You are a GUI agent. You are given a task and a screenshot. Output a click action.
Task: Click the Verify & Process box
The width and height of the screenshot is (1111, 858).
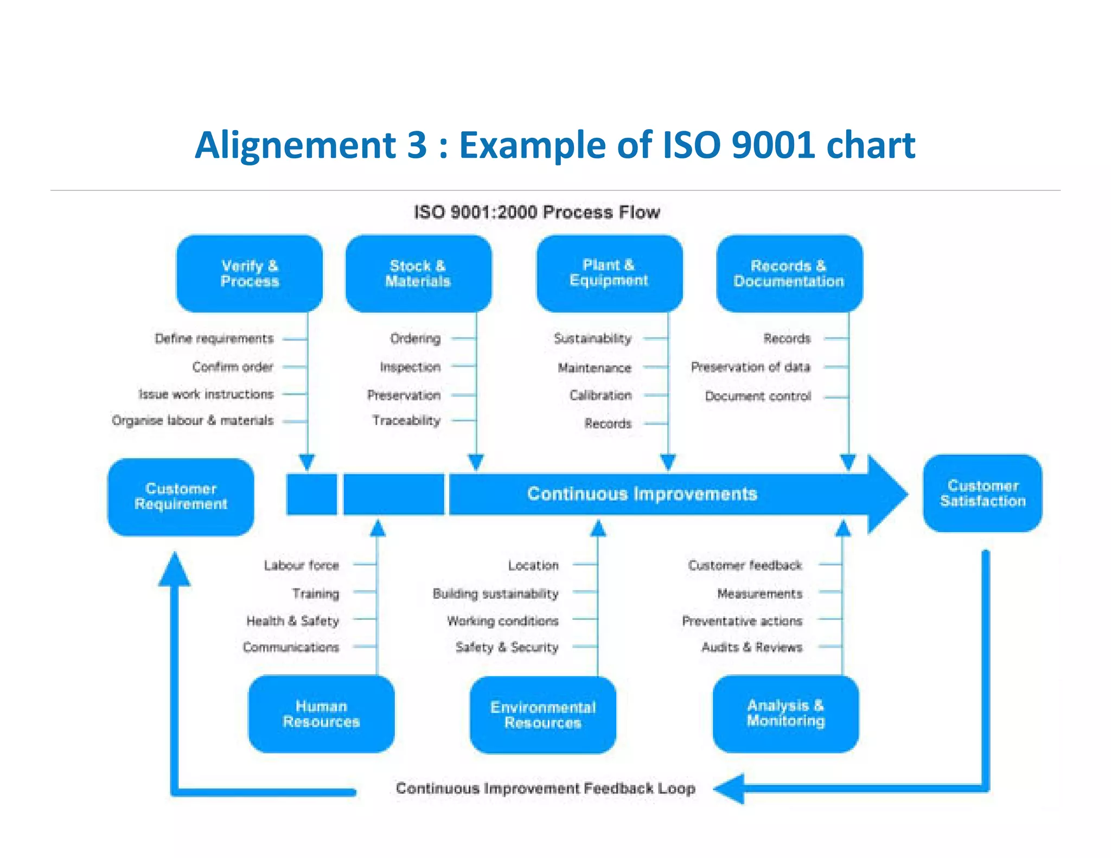coord(250,273)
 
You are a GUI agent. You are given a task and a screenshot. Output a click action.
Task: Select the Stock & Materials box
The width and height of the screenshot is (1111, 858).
coord(418,273)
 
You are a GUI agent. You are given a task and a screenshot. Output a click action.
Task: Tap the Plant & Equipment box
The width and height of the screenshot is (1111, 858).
coord(609,273)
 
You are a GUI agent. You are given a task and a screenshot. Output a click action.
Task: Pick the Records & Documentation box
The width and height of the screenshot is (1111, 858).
coord(789,273)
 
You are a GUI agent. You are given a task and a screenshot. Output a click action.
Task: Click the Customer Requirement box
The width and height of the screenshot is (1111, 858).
coord(181,497)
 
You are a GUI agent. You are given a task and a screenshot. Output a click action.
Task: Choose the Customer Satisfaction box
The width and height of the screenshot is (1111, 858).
coord(982,494)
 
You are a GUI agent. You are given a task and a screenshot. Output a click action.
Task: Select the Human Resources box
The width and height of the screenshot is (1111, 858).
coord(321,714)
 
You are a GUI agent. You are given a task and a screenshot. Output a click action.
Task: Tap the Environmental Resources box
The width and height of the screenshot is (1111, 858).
coord(543,715)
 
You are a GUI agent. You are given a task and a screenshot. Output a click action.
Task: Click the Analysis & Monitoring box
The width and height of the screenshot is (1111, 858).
coord(786,713)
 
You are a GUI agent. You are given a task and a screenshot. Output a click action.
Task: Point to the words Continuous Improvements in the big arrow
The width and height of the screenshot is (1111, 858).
coord(642,494)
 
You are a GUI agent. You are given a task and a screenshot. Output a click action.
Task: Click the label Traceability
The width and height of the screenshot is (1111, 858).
coord(406,420)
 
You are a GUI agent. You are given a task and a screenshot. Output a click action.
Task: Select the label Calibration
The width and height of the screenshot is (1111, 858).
coord(601,395)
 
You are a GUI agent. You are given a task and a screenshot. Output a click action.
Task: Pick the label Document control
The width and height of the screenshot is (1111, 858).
coord(758,396)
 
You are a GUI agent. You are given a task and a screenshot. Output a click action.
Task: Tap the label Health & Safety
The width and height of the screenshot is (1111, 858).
coord(292,621)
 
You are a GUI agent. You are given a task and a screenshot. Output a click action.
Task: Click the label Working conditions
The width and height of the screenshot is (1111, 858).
coord(502,621)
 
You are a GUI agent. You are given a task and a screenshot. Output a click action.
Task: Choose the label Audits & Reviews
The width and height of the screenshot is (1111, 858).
coord(751,647)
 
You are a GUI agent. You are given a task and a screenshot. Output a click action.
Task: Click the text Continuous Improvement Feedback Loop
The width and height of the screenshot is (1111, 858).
coord(545,788)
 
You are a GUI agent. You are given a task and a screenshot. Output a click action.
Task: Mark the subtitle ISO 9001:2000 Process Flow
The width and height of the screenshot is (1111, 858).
coord(537,212)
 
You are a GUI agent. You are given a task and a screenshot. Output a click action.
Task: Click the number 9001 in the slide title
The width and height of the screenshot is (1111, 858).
coord(773,145)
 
